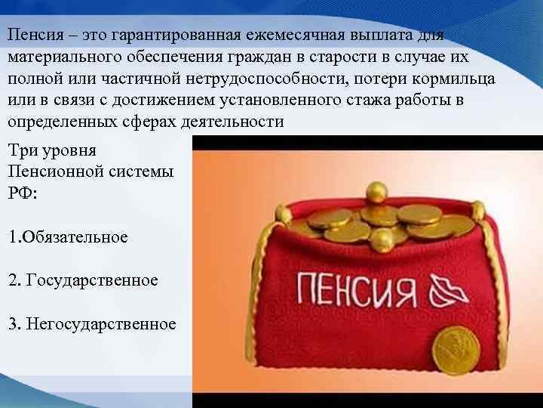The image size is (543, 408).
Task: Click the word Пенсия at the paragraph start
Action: (x=29, y=36)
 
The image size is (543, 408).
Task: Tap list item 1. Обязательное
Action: (x=68, y=236)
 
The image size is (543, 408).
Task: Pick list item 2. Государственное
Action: (x=83, y=280)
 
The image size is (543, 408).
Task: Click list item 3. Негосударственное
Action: (x=92, y=324)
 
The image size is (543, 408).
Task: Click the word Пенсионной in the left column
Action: (x=47, y=171)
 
